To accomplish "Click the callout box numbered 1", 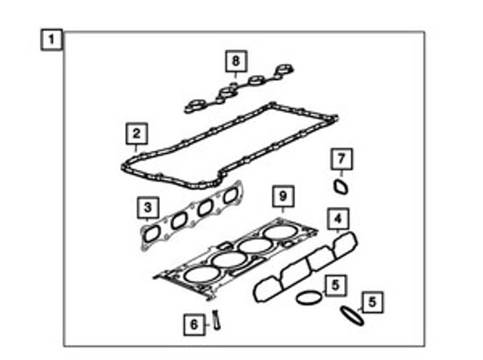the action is (x=52, y=40).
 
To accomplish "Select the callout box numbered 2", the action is (x=137, y=134).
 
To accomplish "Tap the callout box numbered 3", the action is (x=148, y=208).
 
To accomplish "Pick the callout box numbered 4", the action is (x=338, y=219).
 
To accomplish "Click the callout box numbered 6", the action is (x=194, y=325).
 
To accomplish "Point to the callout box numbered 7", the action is (x=341, y=159).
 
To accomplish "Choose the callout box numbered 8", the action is (x=235, y=61).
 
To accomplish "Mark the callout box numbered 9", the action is (x=283, y=196).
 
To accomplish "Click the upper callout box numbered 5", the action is (x=335, y=285).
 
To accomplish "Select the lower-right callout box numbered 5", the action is (x=372, y=303).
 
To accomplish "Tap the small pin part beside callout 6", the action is (x=217, y=320).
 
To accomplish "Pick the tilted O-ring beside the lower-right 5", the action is (x=352, y=315).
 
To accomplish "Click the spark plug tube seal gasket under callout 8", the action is (x=238, y=89).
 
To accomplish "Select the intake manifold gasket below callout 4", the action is (x=305, y=266).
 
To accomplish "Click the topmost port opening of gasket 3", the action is (x=230, y=195).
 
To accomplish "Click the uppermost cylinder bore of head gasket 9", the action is (x=281, y=233).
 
